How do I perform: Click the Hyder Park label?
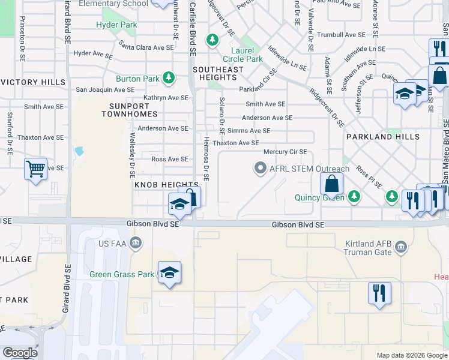pos(116,25)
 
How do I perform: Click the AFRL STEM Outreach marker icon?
pos(260,169)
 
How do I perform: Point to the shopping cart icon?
pos(36,169)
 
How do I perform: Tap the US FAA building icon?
pos(136,242)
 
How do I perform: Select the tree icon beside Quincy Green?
pos(354,197)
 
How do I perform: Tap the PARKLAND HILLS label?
pos(382,137)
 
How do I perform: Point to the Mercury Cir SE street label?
pos(285,152)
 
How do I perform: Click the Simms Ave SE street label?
pos(250,131)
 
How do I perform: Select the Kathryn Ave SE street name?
pos(166,98)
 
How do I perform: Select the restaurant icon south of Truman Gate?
pos(379,293)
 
